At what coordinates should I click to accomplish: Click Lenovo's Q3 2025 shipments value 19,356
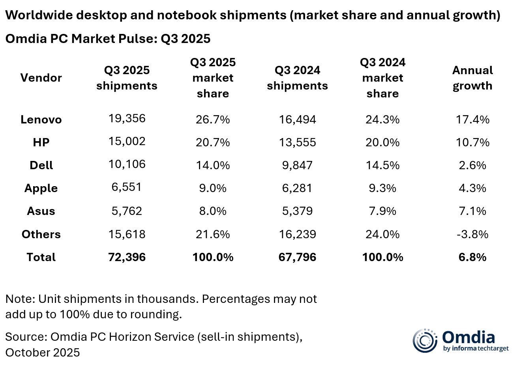point(127,118)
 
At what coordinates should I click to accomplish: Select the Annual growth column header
point(472,78)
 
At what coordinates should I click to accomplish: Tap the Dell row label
point(41,165)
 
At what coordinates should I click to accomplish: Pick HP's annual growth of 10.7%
point(472,142)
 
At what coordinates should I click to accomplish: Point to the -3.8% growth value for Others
point(472,234)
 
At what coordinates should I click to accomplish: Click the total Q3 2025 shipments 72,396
point(127,257)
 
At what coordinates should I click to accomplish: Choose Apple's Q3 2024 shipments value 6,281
point(297,188)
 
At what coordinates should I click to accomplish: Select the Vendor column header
point(41,78)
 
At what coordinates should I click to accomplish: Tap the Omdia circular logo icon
point(425,340)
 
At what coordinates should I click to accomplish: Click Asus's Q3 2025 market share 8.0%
point(213,211)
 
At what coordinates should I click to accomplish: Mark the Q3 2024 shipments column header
point(297,78)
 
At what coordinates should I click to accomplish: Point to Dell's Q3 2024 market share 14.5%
point(382,165)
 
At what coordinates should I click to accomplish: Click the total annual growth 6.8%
point(472,257)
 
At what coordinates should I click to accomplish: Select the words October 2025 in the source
point(43,352)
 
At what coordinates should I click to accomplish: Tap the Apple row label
point(41,188)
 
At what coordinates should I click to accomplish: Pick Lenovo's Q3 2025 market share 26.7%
point(213,120)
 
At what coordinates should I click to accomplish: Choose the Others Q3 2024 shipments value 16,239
point(297,234)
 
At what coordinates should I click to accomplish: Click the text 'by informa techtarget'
point(476,348)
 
